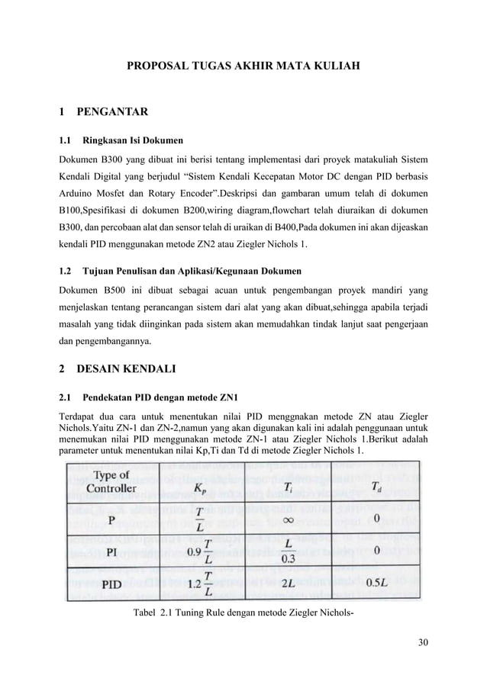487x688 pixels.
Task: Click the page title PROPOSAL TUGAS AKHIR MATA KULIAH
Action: click(x=243, y=68)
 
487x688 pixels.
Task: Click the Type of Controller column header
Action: click(x=111, y=481)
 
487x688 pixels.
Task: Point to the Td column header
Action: click(x=376, y=487)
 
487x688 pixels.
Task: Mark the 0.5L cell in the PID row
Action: click(x=376, y=584)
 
